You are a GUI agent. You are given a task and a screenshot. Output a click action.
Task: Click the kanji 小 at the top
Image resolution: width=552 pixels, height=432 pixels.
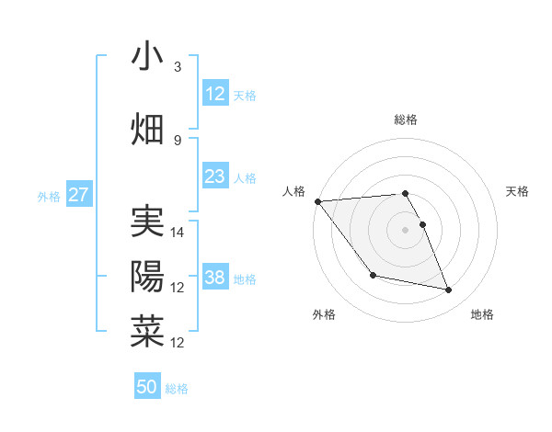click(x=147, y=56)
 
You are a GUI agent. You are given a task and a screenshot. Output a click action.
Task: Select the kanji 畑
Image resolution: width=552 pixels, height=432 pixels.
click(x=147, y=129)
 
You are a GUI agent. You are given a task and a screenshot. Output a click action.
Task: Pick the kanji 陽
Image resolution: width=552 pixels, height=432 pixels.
click(x=147, y=276)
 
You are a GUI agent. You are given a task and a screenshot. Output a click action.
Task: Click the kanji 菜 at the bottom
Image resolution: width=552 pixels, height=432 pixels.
click(x=147, y=331)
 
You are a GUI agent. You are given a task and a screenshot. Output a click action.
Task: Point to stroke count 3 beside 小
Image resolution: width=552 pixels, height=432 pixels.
click(x=178, y=67)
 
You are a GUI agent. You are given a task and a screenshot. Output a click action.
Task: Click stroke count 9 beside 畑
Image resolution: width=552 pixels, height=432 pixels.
click(x=178, y=141)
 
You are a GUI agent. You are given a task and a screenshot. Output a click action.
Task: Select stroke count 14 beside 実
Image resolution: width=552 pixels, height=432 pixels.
click(x=178, y=233)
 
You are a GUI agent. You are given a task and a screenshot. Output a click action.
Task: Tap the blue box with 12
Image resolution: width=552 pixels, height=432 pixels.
click(x=215, y=94)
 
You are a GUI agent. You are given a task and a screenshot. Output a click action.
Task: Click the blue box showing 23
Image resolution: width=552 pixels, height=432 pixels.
click(x=215, y=176)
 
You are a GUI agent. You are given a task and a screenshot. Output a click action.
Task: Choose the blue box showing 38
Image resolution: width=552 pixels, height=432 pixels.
click(x=215, y=278)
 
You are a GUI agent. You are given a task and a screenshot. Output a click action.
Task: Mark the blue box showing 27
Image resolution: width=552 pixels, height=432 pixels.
click(x=79, y=195)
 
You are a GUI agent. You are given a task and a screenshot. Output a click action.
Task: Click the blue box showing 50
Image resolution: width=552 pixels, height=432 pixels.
click(x=147, y=387)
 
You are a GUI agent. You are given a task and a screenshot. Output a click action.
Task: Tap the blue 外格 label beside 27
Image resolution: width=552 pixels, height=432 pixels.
click(x=49, y=196)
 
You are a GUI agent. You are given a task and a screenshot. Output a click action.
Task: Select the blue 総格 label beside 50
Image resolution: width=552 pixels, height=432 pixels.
click(x=177, y=389)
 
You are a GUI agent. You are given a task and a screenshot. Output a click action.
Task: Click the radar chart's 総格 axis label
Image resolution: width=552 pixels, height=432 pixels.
click(x=406, y=119)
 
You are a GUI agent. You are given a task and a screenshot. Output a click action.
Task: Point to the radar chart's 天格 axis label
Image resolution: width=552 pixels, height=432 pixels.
click(x=518, y=191)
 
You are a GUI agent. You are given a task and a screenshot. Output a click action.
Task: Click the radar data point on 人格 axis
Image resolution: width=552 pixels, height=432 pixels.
click(x=317, y=201)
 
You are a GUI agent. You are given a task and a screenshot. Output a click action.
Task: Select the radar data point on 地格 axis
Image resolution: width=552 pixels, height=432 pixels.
click(x=449, y=290)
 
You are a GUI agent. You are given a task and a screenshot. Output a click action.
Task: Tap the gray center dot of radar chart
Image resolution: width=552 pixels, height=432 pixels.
click(x=406, y=229)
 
